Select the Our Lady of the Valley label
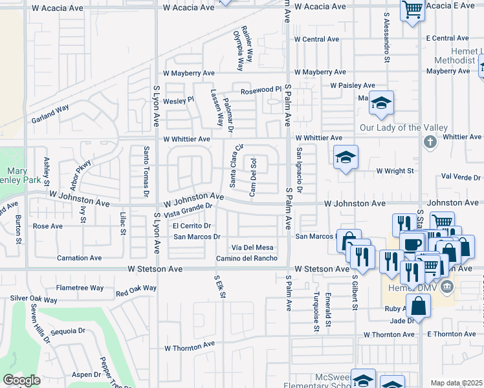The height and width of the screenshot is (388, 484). click(394, 127)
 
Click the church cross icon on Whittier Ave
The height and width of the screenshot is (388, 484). click(428, 141)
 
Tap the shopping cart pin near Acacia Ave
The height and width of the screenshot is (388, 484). click(412, 11)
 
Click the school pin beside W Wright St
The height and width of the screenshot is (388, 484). click(346, 157)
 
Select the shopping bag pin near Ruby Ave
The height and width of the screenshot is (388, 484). click(419, 305)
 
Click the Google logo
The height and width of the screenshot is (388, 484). click(21, 380)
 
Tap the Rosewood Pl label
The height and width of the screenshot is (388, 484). click(261, 90)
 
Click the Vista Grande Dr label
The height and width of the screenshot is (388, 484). click(188, 210)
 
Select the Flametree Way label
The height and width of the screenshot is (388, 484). click(80, 288)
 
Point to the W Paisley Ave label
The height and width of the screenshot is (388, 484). click(352, 85)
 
